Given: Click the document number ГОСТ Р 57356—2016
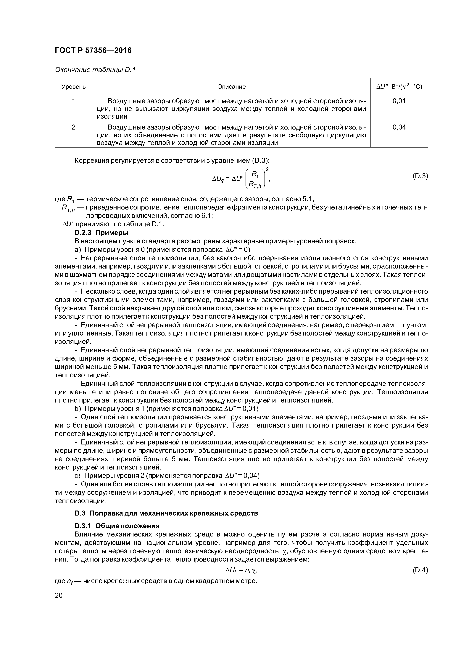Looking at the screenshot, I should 93,50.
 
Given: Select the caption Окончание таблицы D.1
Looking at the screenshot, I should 95,70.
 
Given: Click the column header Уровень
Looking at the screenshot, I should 74,86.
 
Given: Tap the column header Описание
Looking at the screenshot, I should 231,86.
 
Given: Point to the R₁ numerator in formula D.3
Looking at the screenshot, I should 255,174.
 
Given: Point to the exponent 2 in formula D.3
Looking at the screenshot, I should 267,169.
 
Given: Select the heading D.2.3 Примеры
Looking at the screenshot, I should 101,233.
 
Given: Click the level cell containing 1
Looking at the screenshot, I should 74,101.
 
